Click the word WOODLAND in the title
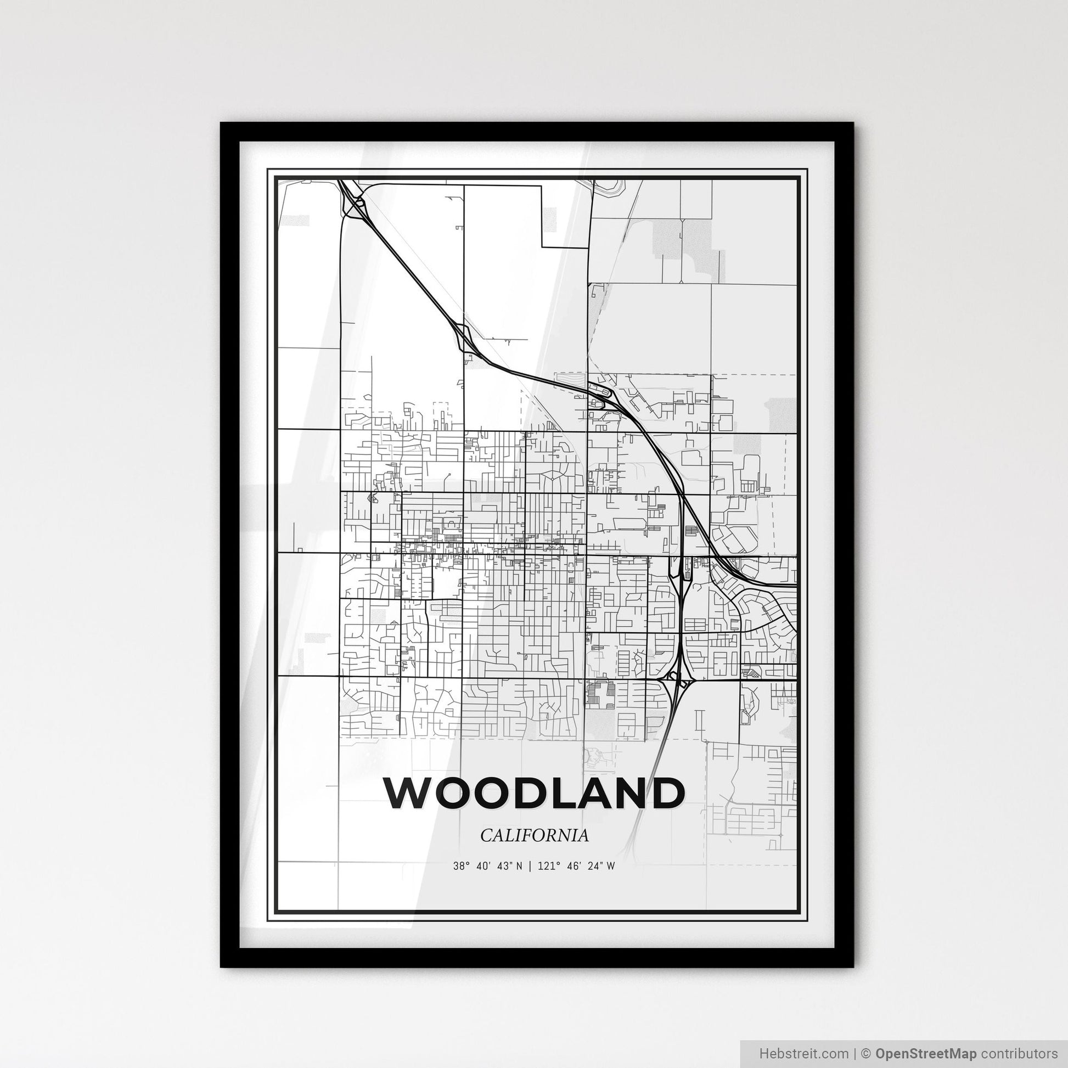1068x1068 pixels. coord(533,793)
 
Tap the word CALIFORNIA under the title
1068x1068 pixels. coord(534,836)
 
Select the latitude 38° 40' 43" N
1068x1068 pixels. coord(486,866)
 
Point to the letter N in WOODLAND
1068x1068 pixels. coord(635,793)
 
